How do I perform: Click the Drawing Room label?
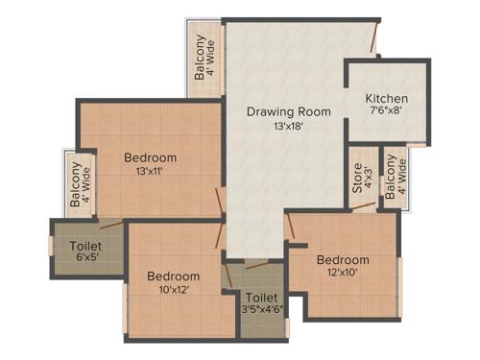288,111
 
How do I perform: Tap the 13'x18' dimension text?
288,126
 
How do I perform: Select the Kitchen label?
388,99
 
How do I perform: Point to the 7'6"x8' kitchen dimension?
388,112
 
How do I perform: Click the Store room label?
356,182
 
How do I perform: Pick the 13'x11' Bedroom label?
150,157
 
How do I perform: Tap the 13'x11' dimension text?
150,172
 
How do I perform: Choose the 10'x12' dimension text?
173,291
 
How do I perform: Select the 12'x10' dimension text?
343,275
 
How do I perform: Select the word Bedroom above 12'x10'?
343,260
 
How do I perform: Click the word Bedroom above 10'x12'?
173,276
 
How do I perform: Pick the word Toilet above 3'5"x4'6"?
261,298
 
